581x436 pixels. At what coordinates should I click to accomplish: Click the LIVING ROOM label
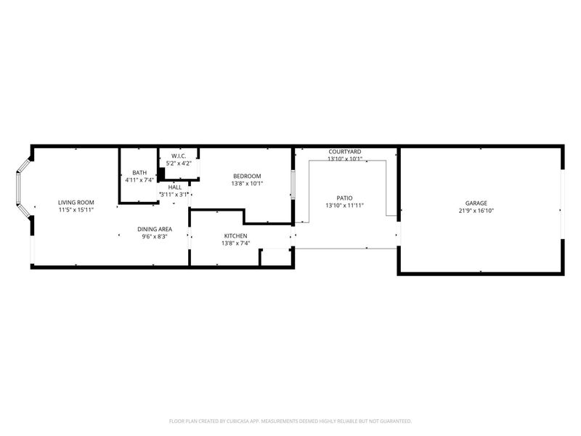[x=76, y=202]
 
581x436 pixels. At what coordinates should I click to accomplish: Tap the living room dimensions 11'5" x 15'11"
[x=76, y=209]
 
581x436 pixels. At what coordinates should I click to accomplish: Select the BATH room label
[x=139, y=172]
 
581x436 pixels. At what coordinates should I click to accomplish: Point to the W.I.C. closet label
[x=179, y=156]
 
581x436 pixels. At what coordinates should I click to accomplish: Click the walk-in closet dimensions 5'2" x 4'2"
[x=179, y=163]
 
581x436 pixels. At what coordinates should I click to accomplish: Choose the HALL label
[x=174, y=187]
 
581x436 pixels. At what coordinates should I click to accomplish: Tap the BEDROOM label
[x=247, y=176]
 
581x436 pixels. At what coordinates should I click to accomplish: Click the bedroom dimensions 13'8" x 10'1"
[x=247, y=183]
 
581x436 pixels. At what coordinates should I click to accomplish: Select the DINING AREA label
[x=155, y=229]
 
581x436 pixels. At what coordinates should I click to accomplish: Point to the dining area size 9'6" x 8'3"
[x=155, y=236]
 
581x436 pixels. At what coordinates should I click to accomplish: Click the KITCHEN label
[x=235, y=236]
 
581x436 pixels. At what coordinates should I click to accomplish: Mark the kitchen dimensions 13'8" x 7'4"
[x=235, y=243]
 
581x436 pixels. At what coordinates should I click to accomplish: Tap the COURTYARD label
[x=344, y=151]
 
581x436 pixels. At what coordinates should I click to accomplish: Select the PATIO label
[x=344, y=198]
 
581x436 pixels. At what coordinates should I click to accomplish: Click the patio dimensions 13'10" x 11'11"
[x=344, y=205]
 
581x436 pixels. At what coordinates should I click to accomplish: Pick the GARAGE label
[x=476, y=203]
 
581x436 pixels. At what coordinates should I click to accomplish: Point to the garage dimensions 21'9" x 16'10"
[x=476, y=210]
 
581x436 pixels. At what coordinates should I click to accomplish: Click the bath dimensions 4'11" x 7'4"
[x=139, y=179]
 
